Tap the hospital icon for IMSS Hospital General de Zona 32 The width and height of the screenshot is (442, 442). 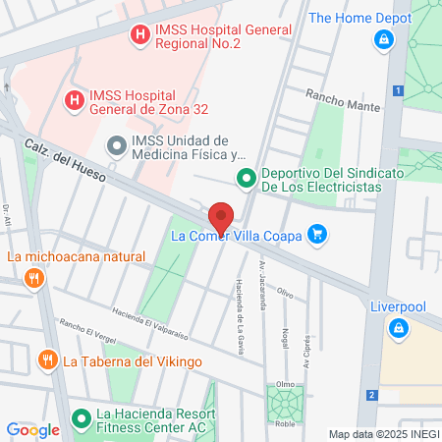(73, 99)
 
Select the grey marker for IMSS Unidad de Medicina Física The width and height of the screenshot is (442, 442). (115, 147)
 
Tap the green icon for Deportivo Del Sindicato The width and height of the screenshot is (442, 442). (245, 179)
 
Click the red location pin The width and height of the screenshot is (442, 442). (221, 217)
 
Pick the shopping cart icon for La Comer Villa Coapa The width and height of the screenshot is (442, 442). (316, 234)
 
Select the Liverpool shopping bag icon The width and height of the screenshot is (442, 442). (398, 329)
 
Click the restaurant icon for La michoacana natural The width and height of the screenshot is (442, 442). (34, 279)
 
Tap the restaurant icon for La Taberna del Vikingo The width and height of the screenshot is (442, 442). (46, 360)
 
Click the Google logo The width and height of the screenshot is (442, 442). (32, 429)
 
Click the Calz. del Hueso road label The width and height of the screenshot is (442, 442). (66, 157)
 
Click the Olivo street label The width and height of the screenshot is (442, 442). (284, 293)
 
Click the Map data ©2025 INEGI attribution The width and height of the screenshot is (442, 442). (383, 433)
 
